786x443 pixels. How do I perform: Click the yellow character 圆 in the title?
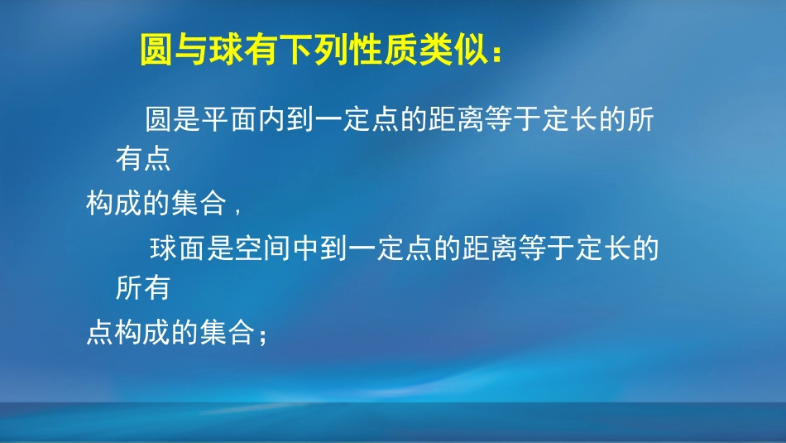click(155, 51)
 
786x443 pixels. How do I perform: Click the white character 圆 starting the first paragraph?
click(159, 122)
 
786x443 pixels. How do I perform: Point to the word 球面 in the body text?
click(178, 249)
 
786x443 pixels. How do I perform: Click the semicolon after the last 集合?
click(263, 335)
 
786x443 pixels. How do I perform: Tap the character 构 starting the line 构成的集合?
click(100, 204)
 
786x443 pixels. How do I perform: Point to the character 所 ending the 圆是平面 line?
click(640, 122)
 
